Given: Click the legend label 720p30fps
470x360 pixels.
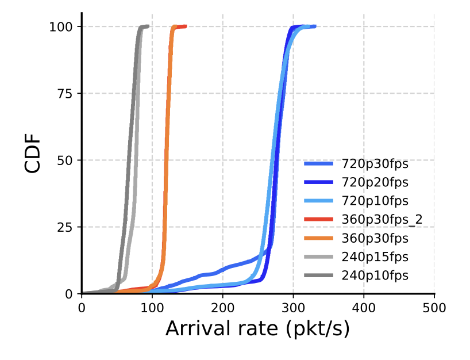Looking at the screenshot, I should click(375, 164).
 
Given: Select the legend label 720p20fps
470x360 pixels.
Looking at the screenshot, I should click(375, 182).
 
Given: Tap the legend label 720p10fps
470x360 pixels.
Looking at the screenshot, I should click(375, 201).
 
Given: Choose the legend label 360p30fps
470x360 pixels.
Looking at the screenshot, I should click(375, 238).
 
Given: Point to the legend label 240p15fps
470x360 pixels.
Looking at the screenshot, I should click(375, 256).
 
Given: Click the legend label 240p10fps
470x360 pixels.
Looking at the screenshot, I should click(375, 275).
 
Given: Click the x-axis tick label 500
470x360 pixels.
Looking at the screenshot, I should click(434, 308).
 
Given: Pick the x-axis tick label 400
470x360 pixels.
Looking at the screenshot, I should click(364, 308).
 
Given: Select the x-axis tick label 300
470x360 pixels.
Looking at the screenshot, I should click(293, 308).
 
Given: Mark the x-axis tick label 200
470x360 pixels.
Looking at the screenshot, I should click(222, 308).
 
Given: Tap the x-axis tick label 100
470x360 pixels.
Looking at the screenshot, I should click(152, 308).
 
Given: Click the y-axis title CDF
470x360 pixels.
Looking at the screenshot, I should click(33, 154).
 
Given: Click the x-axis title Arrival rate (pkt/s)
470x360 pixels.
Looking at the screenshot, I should click(257, 329).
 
